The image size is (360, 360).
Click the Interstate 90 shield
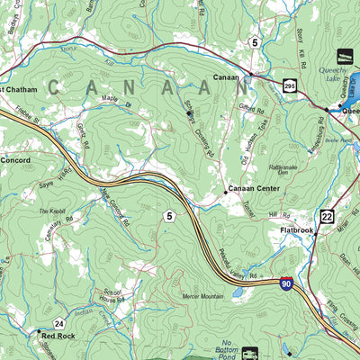(x=285, y=283)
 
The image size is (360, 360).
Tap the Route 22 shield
(x=326, y=216)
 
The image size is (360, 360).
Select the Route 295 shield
(x=288, y=85)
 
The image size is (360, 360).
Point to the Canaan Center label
(x=255, y=189)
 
